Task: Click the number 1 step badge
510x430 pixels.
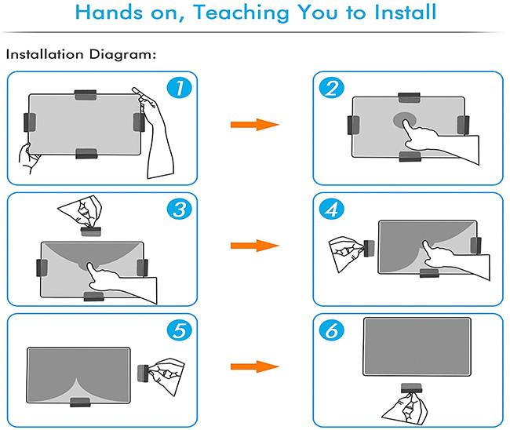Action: (x=179, y=88)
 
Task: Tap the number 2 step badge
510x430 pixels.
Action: (x=331, y=88)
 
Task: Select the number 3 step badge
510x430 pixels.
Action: (x=179, y=210)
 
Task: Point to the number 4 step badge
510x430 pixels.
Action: (x=331, y=210)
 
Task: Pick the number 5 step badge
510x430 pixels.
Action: (x=179, y=330)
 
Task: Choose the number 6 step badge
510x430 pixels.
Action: (x=331, y=330)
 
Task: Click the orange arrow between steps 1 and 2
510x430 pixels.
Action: (x=255, y=125)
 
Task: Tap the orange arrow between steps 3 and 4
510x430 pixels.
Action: (x=255, y=246)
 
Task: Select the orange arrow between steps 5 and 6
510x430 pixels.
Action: (x=255, y=366)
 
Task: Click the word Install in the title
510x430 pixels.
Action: (x=405, y=12)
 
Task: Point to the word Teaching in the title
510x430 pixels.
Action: (x=242, y=13)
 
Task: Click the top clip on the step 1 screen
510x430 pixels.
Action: (x=86, y=95)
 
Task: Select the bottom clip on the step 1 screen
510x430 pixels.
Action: (x=86, y=154)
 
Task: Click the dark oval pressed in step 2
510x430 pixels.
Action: (x=405, y=120)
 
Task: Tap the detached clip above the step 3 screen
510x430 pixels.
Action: (x=91, y=231)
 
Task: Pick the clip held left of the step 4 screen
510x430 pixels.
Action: (x=369, y=249)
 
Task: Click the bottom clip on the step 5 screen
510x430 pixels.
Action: (x=80, y=403)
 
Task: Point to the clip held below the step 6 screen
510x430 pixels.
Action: (x=411, y=388)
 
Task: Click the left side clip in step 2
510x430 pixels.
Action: (x=353, y=125)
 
